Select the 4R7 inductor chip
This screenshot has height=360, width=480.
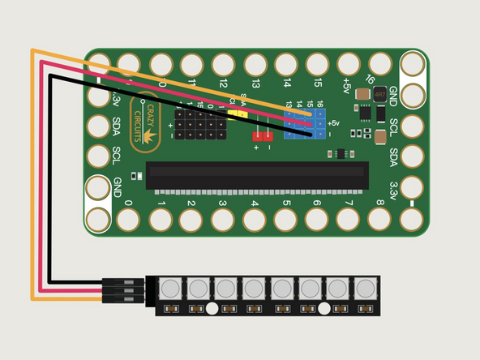[379, 95]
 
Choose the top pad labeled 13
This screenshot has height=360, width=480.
[255, 64]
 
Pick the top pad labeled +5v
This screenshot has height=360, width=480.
[349, 64]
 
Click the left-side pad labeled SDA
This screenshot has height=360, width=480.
[98, 126]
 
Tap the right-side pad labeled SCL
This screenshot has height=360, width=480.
[412, 126]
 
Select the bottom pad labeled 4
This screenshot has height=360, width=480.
[255, 218]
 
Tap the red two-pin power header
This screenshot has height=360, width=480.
[263, 135]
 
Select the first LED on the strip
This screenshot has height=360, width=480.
[169, 288]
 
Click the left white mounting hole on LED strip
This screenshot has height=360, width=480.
[212, 308]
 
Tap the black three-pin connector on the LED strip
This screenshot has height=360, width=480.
[123, 290]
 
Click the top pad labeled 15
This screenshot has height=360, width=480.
[317, 64]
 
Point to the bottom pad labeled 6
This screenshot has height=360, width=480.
[317, 218]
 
